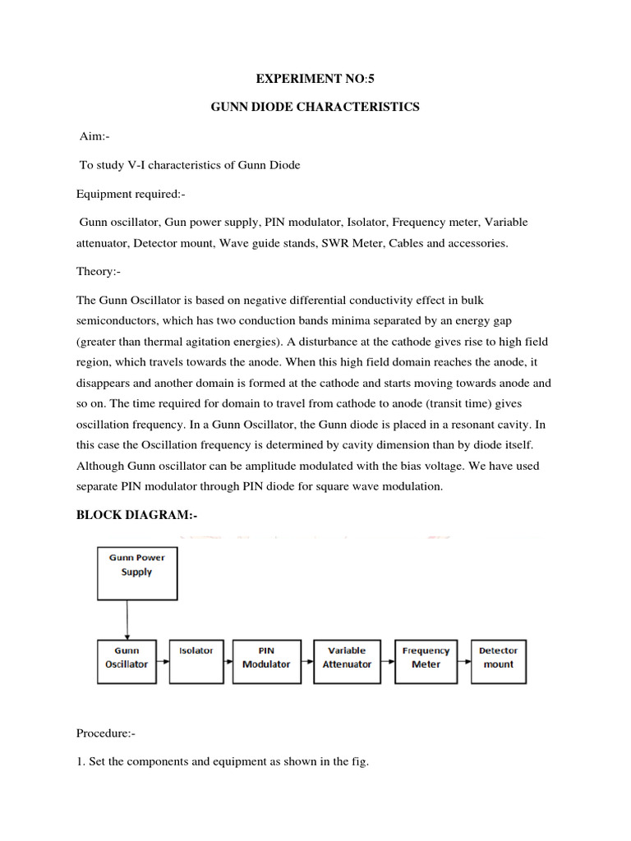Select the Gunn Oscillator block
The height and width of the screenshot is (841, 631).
coord(127,661)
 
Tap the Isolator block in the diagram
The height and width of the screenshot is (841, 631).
coord(196,661)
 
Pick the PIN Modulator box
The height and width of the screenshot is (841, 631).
coord(266,661)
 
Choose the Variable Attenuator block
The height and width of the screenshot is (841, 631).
coord(347,661)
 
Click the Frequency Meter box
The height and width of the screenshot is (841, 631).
coord(426,661)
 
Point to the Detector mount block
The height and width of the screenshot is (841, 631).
coord(499,661)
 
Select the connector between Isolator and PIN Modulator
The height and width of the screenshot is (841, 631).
coord(228,662)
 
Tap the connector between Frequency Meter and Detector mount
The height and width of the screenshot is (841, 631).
coord(464,662)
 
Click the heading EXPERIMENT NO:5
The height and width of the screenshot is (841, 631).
coord(315,80)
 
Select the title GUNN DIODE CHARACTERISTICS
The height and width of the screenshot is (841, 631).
coord(315,108)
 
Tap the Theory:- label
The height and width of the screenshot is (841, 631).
coord(99,272)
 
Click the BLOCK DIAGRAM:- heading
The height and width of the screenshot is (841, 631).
coord(137,515)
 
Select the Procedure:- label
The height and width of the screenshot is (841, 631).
coord(108,733)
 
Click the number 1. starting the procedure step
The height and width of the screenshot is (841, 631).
coord(80,761)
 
